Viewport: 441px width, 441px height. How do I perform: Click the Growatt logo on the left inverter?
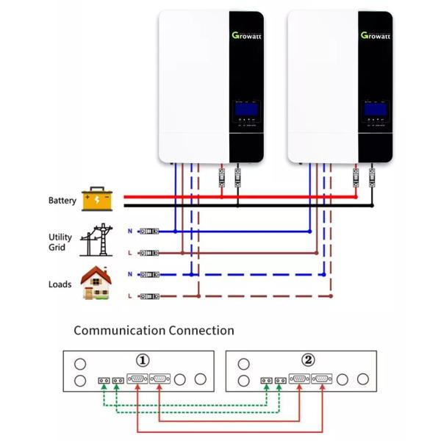246,35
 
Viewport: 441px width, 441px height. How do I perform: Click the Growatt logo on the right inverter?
375,35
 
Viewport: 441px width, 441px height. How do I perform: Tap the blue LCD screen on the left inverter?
246,111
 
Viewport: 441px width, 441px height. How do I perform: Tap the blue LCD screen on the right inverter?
375,111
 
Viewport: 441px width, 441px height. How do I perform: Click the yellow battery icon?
97,199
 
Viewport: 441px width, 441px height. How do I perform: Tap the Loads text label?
60,284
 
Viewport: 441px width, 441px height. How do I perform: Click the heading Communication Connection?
154,331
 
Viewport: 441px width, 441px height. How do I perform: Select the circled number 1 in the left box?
143,360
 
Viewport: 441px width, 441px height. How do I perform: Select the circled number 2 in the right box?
308,360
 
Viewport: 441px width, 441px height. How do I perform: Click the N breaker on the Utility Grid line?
149,232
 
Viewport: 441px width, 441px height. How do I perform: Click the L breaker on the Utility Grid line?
149,252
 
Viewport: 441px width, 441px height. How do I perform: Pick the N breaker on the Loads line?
149,274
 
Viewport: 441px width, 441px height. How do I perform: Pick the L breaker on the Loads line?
149,295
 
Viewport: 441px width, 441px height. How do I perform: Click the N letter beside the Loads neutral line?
129,274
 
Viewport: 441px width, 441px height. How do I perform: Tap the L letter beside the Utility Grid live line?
129,252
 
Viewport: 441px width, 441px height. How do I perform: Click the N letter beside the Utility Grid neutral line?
129,232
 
